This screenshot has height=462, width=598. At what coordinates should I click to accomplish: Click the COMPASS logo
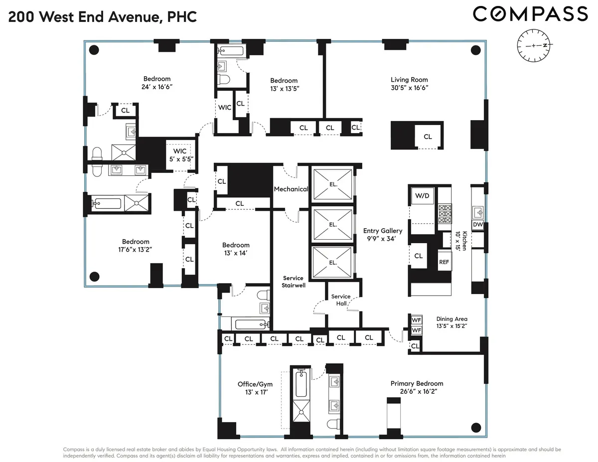point(530,14)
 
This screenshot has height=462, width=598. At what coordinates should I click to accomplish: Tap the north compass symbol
point(533,45)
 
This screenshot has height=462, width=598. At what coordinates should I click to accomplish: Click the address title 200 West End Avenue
point(102,17)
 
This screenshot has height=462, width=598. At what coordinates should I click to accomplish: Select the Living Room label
point(409,80)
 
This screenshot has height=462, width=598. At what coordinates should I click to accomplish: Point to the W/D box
point(422,196)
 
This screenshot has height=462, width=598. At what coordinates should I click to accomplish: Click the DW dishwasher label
point(477,225)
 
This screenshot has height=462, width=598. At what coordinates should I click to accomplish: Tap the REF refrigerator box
point(444,262)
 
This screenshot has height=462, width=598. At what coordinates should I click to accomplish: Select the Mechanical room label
point(291,189)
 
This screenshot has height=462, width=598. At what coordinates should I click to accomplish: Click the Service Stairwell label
point(294,282)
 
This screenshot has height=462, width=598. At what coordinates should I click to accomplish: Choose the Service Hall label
point(341,300)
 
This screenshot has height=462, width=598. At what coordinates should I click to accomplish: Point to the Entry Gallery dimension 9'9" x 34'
point(382,239)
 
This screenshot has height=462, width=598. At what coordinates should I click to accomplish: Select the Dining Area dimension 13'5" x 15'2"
point(451,327)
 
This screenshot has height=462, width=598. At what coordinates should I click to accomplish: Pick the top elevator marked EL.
point(332,183)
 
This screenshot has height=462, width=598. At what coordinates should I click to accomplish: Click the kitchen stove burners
point(444,214)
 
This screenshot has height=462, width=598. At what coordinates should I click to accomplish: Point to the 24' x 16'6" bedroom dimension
point(157,87)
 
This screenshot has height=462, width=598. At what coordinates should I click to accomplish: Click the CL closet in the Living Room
point(428,137)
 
